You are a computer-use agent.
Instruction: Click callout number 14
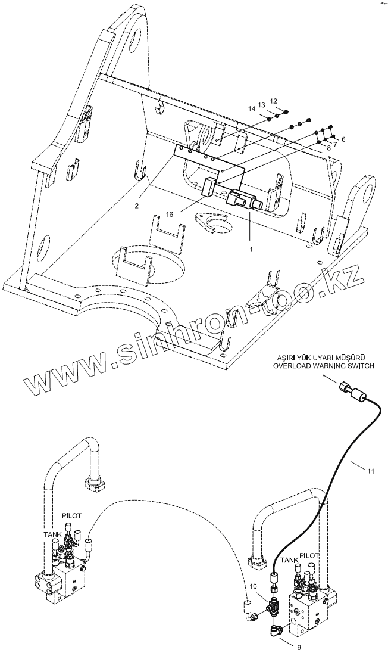pyautogui.click(x=252, y=108)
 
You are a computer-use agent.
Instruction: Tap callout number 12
pyautogui.click(x=273, y=101)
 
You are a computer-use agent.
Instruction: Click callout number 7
pyautogui.click(x=335, y=144)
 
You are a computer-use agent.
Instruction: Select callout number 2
pyautogui.click(x=137, y=206)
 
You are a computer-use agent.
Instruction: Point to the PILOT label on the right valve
pyautogui.click(x=309, y=555)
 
